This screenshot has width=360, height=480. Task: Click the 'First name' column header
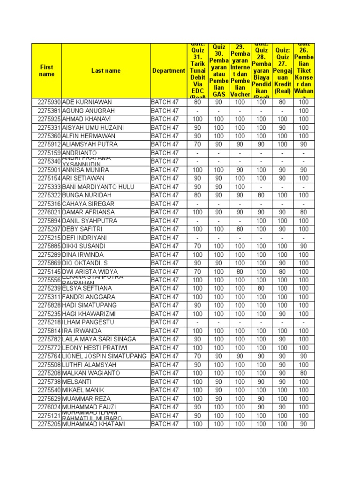pos(46,71)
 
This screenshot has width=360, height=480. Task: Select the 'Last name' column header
pos(105,71)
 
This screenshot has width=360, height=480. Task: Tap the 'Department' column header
pos(169,71)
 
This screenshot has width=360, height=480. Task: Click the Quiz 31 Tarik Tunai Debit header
pos(198,71)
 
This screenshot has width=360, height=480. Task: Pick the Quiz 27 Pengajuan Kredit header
pos(282,71)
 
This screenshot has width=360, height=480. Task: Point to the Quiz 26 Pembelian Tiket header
pos(304,71)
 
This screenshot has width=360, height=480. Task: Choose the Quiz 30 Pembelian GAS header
pos(219,71)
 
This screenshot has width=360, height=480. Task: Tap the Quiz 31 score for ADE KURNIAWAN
pos(198,102)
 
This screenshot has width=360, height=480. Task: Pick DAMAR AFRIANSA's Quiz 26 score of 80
pos(304,212)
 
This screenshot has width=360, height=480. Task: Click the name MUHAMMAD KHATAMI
pos(93,424)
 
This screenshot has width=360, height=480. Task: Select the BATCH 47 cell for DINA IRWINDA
pos(165,255)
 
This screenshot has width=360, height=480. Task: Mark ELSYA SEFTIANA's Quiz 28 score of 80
pos(261,288)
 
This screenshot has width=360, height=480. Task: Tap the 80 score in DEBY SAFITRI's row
pos(240,229)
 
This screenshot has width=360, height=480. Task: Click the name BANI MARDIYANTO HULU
pos(98,187)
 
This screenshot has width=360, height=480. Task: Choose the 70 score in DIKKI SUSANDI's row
pos(198,246)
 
